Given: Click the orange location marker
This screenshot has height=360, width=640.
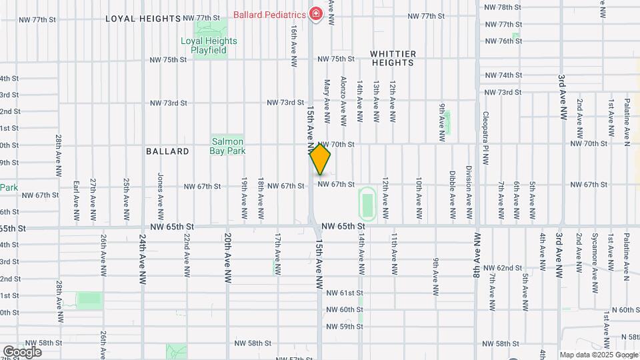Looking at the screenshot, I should tap(320, 159).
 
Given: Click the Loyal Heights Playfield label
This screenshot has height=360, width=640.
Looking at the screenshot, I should tap(209, 45).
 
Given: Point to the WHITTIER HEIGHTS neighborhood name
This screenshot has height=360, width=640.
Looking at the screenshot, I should tap(393, 58).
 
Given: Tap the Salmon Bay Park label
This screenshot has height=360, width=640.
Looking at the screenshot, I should tap(229, 146).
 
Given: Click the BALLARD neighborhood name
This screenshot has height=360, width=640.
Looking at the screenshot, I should tap(167, 151).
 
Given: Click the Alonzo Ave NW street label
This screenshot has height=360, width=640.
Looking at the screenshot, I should tap(343, 101).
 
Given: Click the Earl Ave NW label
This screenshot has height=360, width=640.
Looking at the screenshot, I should tap(76, 200).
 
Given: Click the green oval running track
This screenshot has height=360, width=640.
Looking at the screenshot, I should tap(367, 203).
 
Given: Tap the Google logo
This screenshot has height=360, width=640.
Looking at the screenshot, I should tap(22, 351).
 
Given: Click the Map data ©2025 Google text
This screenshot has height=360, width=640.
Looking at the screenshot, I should tap(598, 355).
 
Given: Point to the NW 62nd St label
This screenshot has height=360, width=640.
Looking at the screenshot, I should tap(503, 267).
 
